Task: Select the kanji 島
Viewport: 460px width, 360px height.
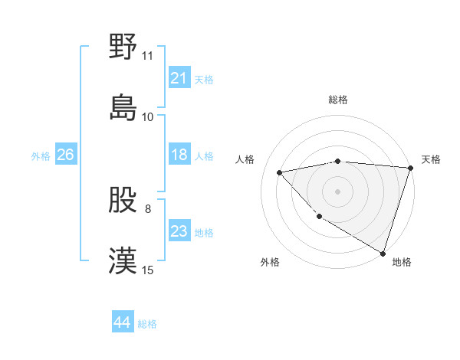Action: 123,106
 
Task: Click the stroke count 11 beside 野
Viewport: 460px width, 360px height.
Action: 147,56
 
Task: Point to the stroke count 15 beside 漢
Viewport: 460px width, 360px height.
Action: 147,270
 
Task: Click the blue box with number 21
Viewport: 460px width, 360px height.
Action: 179,78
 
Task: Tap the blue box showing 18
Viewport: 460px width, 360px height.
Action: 179,155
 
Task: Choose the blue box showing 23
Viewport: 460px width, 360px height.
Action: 179,232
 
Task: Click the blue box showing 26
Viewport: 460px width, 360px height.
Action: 65,155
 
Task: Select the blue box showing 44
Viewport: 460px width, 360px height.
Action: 122,323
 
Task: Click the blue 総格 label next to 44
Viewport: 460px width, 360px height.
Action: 147,324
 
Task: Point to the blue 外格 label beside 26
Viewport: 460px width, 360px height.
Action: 41,156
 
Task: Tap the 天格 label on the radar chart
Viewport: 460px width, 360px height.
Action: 431,159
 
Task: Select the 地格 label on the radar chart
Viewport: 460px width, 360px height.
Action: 402,262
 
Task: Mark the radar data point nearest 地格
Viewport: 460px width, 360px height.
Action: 383,253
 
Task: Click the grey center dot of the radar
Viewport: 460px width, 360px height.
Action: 337,191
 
